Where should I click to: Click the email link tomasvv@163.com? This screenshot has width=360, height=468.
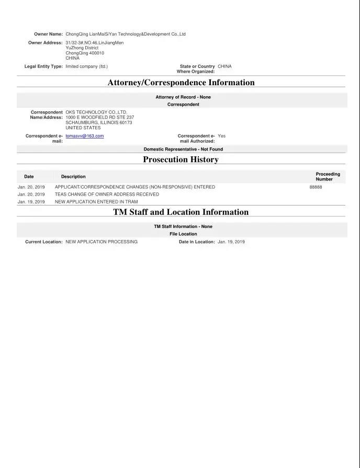click(84, 136)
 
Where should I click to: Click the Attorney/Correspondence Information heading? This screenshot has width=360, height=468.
click(181, 83)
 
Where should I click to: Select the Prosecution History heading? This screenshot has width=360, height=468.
click(181, 159)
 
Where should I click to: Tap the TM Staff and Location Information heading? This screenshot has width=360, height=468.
click(181, 212)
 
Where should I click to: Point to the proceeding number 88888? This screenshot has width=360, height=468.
click(316, 187)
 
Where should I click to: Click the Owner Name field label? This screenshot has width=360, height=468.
click(48, 34)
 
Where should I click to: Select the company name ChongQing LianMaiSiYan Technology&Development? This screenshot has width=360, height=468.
click(126, 34)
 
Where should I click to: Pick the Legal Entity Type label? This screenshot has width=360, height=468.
click(43, 66)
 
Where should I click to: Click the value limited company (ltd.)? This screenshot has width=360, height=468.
click(86, 66)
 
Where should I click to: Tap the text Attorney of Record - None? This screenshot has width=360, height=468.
click(183, 97)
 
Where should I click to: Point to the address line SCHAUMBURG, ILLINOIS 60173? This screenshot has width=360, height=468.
click(99, 122)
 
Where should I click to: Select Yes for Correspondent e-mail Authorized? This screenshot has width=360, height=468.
click(221, 136)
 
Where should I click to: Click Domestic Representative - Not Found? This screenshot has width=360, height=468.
click(183, 149)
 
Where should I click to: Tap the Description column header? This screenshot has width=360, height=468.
click(73, 177)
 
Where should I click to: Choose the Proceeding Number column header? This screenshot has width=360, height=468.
click(328, 177)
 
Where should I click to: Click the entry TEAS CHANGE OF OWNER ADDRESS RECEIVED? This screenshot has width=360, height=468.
click(107, 194)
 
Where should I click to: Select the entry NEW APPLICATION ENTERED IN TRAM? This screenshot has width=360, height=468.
click(96, 201)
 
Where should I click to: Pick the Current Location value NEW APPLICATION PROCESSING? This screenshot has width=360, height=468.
click(102, 242)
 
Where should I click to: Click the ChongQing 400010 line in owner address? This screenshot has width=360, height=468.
click(85, 53)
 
